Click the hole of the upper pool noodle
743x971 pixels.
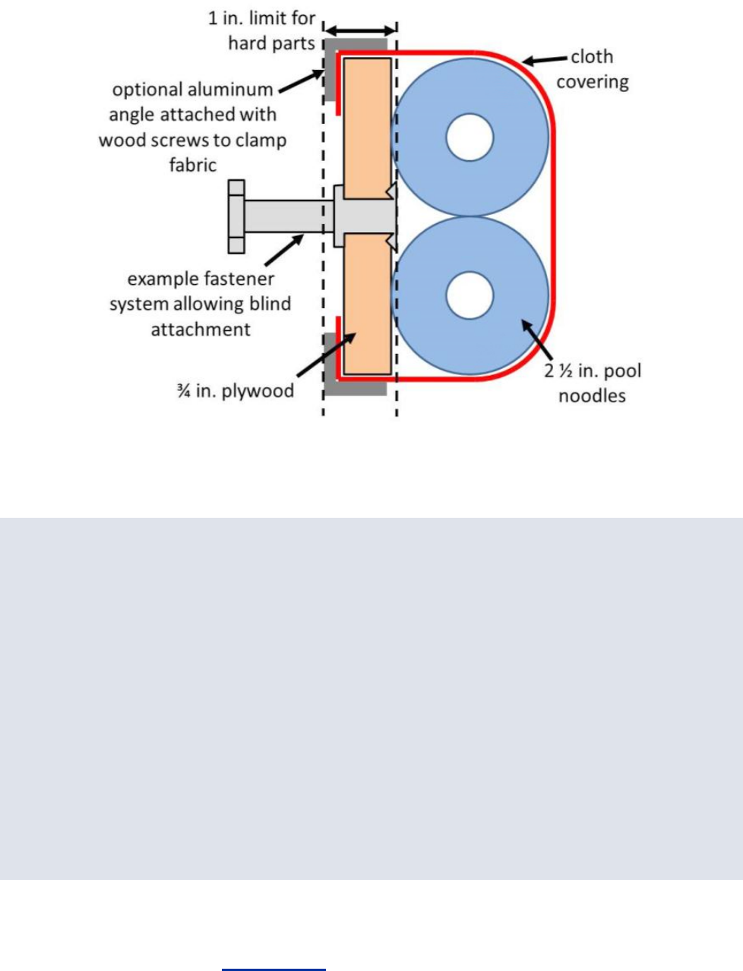point(470,137)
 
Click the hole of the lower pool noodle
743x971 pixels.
point(470,295)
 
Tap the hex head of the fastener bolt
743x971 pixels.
point(236,216)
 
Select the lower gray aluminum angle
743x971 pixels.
point(331,364)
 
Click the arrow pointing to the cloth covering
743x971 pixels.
point(545,60)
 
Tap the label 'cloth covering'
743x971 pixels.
point(593,69)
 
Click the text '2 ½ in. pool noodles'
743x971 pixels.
point(593,383)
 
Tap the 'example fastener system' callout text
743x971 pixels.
point(201,304)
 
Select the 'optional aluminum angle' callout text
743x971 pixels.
point(193,127)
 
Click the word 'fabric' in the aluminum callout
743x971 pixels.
point(193,165)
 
